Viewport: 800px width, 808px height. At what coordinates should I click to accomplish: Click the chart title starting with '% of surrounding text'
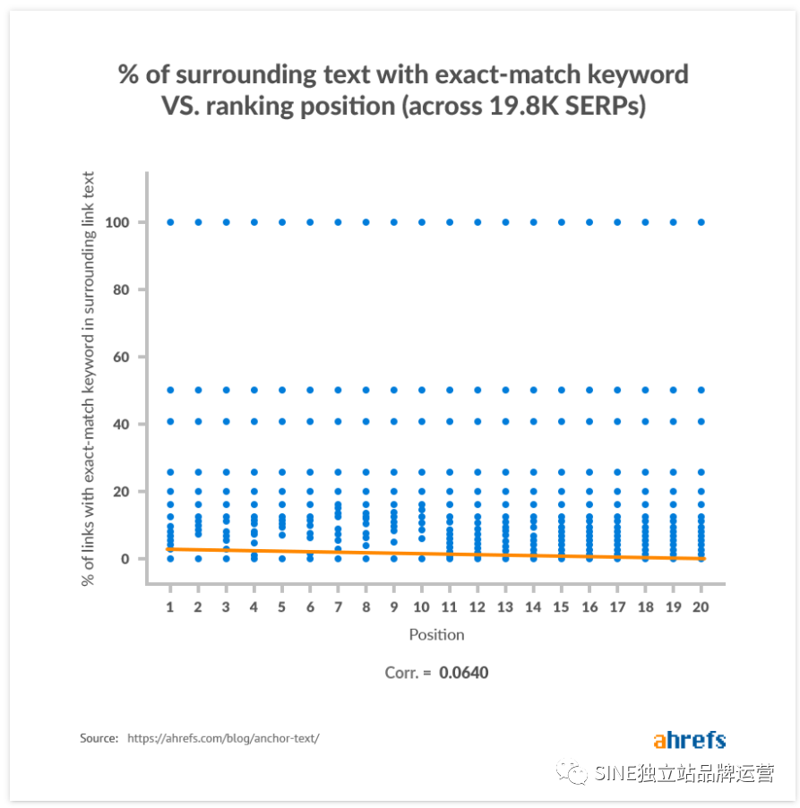[403, 90]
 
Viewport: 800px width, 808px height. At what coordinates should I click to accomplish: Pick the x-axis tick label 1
[170, 606]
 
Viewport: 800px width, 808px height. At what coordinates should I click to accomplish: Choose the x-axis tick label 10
[421, 606]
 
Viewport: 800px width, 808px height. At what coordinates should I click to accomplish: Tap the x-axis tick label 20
[701, 606]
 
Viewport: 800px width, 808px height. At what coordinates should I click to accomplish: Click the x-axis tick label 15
[561, 606]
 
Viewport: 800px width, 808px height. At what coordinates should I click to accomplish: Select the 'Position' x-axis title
[436, 635]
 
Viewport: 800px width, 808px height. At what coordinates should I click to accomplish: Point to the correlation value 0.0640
[464, 672]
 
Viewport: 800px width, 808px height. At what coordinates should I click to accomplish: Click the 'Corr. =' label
[408, 672]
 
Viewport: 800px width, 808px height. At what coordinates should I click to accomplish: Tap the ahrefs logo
[689, 740]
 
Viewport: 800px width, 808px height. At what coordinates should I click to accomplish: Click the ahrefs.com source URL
[223, 738]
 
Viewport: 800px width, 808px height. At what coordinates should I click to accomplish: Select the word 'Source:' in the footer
[99, 738]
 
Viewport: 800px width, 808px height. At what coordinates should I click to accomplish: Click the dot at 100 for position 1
[170, 222]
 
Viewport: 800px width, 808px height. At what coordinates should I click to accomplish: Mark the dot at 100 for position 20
[701, 222]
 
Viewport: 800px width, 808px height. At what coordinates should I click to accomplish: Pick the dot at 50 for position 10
[421, 390]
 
